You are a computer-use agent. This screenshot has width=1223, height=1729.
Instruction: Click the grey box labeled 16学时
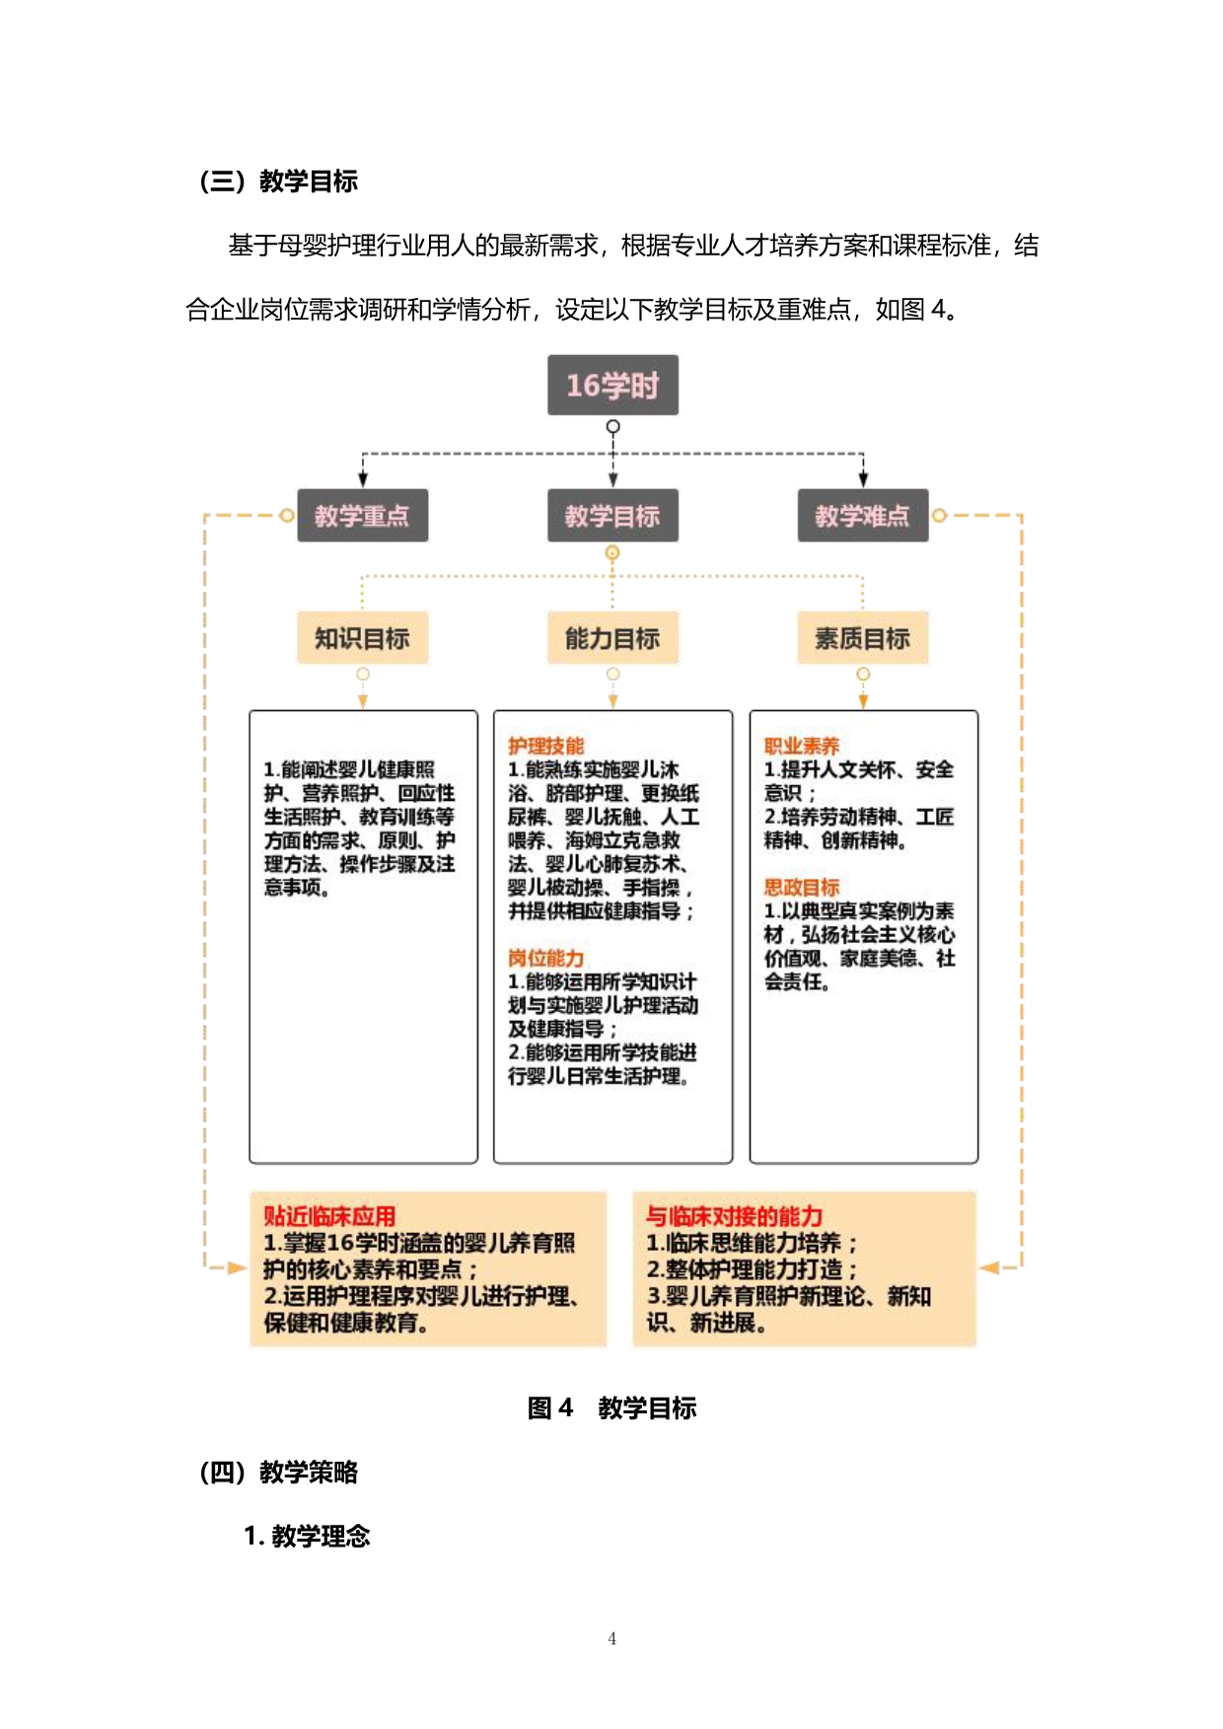(x=612, y=385)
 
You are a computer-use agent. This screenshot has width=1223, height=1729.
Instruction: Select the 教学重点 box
(x=362, y=515)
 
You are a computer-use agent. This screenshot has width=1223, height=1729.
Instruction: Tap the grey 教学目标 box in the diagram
(x=612, y=515)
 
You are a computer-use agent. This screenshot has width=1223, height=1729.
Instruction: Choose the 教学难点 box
(x=862, y=515)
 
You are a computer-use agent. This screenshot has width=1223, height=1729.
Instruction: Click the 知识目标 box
(x=362, y=638)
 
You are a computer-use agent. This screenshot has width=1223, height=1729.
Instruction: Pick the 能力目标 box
(x=612, y=638)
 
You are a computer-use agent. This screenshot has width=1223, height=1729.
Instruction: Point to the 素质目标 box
(x=862, y=638)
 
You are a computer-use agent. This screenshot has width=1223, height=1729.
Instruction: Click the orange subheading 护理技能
(x=545, y=746)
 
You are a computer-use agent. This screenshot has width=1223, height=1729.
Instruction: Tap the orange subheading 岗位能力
(x=545, y=958)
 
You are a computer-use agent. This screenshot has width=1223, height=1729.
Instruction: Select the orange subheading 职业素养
(x=801, y=746)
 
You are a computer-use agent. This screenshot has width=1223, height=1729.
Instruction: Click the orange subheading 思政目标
(x=801, y=887)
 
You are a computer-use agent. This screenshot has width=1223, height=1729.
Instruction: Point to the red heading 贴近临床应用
(x=329, y=1216)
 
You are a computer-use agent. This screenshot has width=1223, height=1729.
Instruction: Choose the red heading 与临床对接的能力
(x=734, y=1216)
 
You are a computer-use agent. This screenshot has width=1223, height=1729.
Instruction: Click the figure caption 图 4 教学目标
(x=611, y=1407)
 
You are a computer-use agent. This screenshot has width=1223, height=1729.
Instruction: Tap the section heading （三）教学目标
(x=278, y=181)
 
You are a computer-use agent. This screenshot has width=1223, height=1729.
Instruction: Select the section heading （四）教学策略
(x=278, y=1472)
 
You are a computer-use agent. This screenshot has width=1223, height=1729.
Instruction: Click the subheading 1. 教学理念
(x=307, y=1536)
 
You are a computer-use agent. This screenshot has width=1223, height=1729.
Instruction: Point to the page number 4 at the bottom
(x=611, y=1638)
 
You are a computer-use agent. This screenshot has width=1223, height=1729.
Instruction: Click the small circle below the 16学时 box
(x=612, y=427)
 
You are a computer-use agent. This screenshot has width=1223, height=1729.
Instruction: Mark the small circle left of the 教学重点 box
(x=286, y=515)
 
